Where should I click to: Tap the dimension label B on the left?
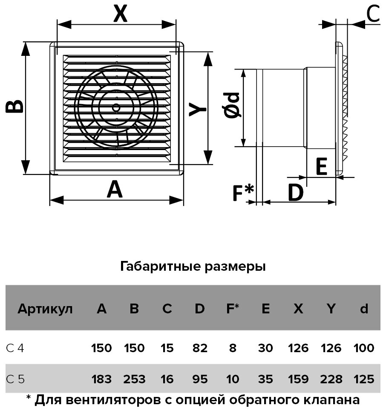pyautogui.click(x=15, y=107)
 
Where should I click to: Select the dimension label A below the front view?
pyautogui.click(x=115, y=190)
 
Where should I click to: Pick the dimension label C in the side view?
pyautogui.click(x=373, y=14)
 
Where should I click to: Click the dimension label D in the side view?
pyautogui.click(x=295, y=193)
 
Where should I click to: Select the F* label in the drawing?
pyautogui.click(x=243, y=193)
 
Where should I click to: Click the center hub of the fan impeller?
pyautogui.click(x=116, y=107)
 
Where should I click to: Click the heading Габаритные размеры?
pyautogui.click(x=193, y=267)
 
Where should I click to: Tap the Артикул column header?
pyautogui.click(x=45, y=309)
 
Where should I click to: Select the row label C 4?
pyautogui.click(x=15, y=348)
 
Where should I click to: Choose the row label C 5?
pyautogui.click(x=15, y=379)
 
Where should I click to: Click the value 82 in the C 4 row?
pyautogui.click(x=200, y=348)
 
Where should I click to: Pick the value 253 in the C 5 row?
pyautogui.click(x=134, y=379)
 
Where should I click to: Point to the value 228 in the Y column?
pyautogui.click(x=331, y=379)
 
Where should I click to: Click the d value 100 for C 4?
pyautogui.click(x=364, y=348)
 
